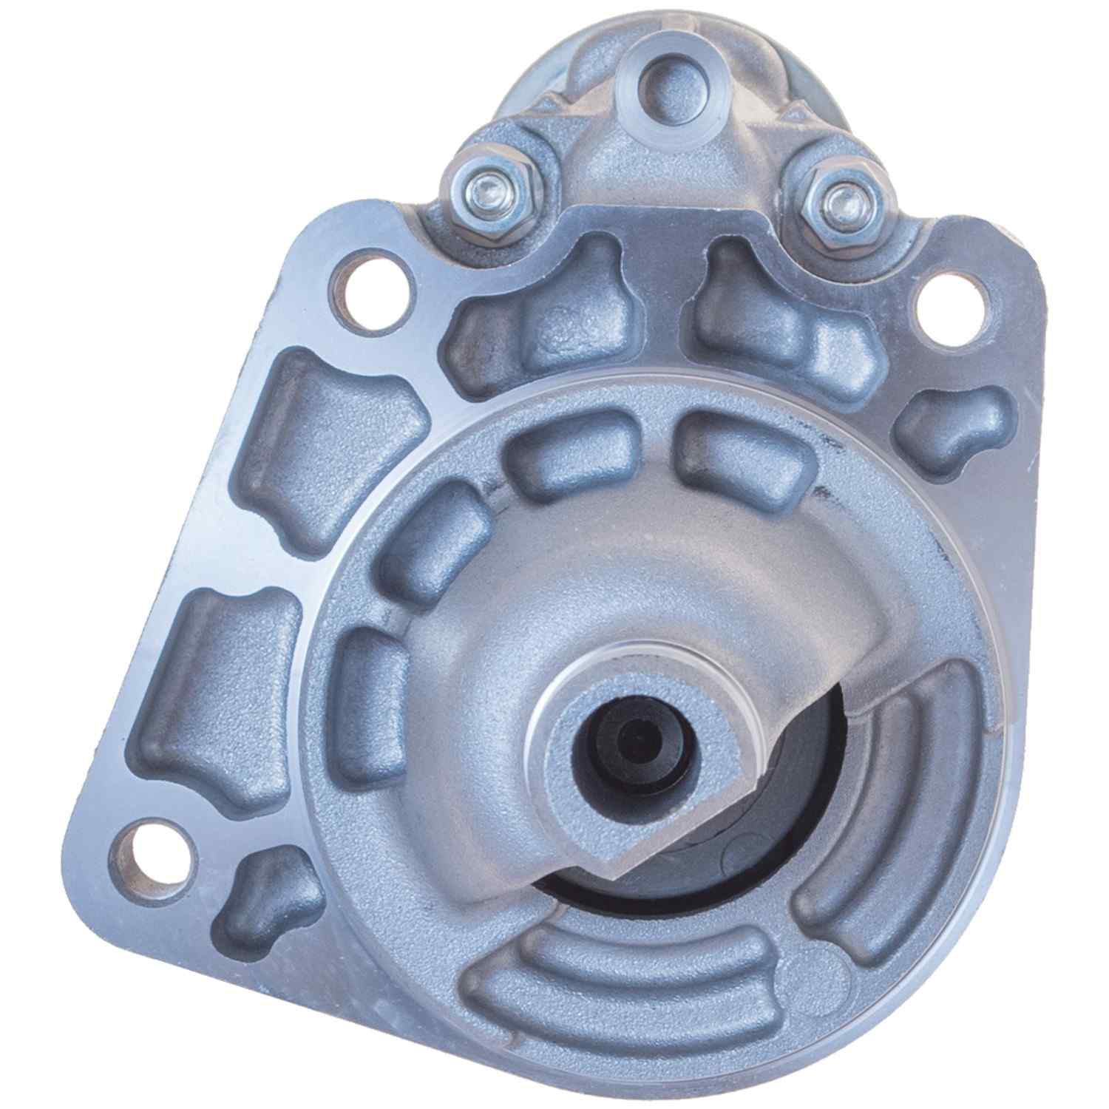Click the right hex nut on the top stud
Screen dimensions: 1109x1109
coord(838,201)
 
